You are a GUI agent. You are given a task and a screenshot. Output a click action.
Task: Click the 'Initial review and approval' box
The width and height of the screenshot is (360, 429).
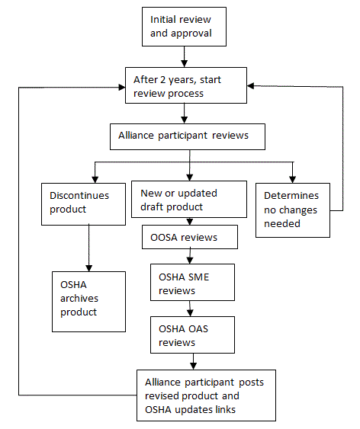click(184, 27)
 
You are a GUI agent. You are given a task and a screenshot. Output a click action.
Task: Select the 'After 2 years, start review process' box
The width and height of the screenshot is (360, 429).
click(186, 85)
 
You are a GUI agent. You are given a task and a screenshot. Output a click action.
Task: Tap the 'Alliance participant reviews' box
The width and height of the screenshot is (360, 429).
click(188, 137)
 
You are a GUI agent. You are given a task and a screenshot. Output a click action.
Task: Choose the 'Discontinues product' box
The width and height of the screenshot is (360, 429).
click(83, 204)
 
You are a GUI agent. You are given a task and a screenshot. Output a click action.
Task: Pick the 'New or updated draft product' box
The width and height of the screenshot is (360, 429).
click(189, 199)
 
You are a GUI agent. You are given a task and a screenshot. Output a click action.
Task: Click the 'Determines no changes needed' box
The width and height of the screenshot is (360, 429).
click(293, 210)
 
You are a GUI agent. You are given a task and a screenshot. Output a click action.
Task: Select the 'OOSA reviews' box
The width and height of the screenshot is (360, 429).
click(190, 237)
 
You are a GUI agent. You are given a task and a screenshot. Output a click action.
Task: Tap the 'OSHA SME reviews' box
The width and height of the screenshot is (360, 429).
click(192, 283)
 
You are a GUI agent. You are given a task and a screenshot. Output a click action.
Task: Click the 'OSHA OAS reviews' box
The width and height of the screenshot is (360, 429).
click(192, 335)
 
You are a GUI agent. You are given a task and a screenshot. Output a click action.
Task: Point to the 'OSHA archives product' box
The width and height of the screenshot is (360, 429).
click(88, 302)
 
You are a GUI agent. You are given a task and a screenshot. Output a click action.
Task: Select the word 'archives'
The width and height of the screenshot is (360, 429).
click(79, 298)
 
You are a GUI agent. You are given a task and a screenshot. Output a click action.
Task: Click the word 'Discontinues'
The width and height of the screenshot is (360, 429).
click(79, 196)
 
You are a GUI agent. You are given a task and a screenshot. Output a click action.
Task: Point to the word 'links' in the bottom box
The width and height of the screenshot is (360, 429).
click(225, 410)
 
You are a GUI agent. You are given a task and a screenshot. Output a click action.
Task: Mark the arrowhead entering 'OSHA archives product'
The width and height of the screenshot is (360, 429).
click(88, 268)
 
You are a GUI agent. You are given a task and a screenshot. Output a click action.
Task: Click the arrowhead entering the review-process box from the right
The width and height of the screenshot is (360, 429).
click(250, 85)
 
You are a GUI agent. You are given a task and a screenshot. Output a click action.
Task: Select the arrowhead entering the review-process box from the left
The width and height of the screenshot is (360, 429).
click(122, 88)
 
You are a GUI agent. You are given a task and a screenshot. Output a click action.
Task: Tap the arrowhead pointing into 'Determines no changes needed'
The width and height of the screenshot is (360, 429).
click(293, 180)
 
